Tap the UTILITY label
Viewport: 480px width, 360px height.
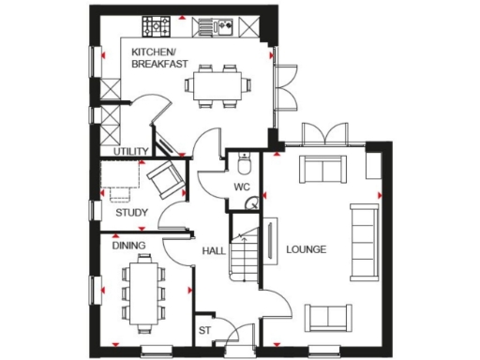[x=130, y=151]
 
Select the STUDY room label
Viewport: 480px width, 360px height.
[x=131, y=213]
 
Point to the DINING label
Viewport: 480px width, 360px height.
[x=128, y=246]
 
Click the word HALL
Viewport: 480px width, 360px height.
[x=213, y=251]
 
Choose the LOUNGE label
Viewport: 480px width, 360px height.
[x=306, y=250]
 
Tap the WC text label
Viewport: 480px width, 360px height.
[x=241, y=187]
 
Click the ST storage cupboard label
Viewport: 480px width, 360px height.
[x=204, y=331]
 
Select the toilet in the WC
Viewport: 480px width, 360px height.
[x=244, y=164]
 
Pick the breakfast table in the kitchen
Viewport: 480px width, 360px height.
[x=217, y=83]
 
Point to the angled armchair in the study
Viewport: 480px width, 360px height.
[x=165, y=177]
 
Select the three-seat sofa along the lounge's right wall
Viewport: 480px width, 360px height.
[x=362, y=240]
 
